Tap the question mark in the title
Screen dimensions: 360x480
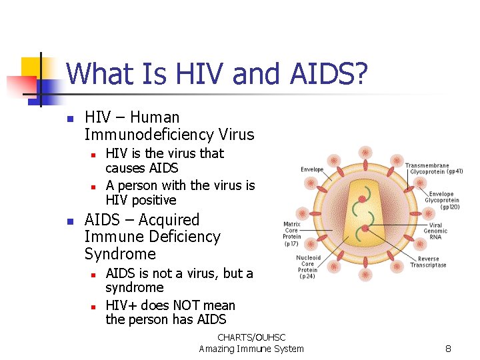coord(360,73)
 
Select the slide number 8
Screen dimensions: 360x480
coord(449,349)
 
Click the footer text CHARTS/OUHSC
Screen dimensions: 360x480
coord(251,338)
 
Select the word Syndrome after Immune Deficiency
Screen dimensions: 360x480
coord(120,254)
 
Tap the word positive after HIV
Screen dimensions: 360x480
coord(153,200)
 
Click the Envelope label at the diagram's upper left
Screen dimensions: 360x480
coord(312,169)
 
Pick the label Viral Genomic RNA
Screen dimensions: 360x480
coord(435,231)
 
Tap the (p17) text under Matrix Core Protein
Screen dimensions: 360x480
coord(291,244)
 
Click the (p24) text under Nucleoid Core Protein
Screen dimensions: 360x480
coord(307,276)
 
